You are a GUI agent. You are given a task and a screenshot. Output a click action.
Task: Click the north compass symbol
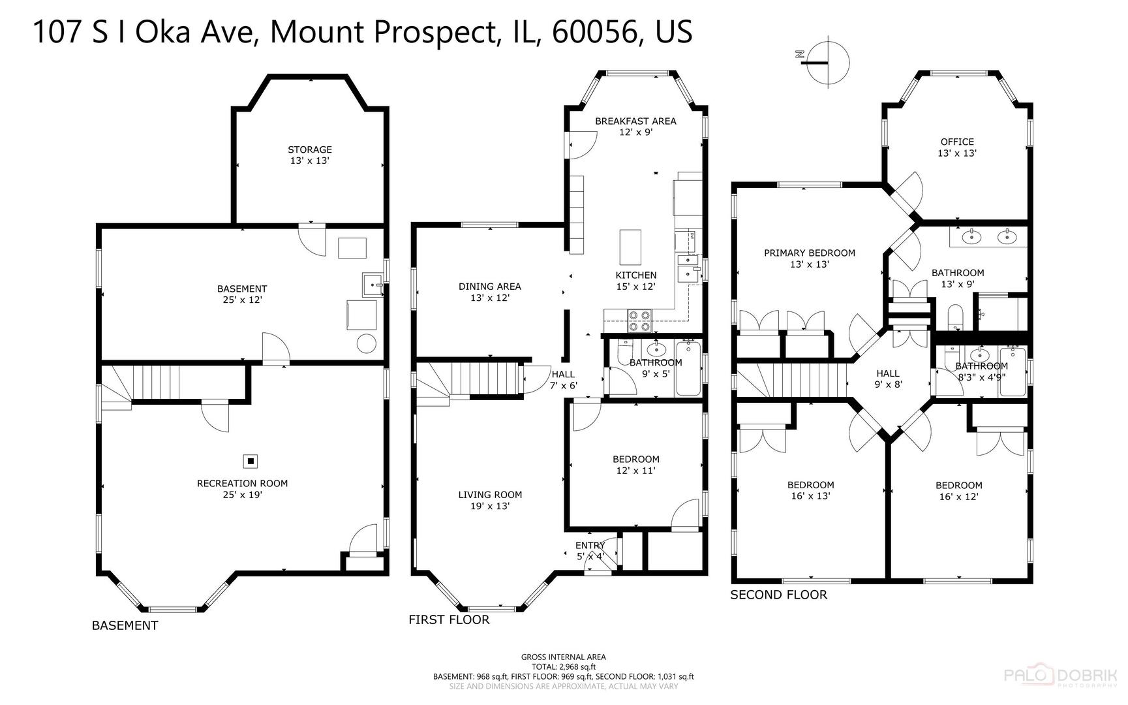pos(828,63)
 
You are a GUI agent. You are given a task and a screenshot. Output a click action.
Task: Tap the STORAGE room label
pos(310,149)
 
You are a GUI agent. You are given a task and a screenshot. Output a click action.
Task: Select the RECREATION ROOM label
pos(242,484)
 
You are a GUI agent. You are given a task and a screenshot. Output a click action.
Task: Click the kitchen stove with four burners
pos(639,322)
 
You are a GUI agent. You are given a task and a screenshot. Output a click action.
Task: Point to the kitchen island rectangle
pos(630,245)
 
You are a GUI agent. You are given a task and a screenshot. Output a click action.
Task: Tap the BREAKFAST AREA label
pos(635,121)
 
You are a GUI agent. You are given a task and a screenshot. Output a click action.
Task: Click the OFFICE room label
pos(957,142)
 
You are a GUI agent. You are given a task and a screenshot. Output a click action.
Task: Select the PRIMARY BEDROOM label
pos(809,253)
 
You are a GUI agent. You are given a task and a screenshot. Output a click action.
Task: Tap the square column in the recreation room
pos(250,462)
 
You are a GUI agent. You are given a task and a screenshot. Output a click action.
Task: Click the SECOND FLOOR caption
pos(778,595)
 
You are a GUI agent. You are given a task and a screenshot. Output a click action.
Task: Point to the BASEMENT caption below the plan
pos(125,625)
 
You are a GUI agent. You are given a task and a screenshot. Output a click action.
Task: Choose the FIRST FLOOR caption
pos(449,619)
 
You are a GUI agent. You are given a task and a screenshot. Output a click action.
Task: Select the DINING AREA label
pos(489,287)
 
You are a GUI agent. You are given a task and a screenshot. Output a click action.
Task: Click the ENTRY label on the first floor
pos(590,545)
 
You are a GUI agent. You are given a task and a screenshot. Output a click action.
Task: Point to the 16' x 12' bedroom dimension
pos(958,497)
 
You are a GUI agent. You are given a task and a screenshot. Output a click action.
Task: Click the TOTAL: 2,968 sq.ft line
pos(563,667)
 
